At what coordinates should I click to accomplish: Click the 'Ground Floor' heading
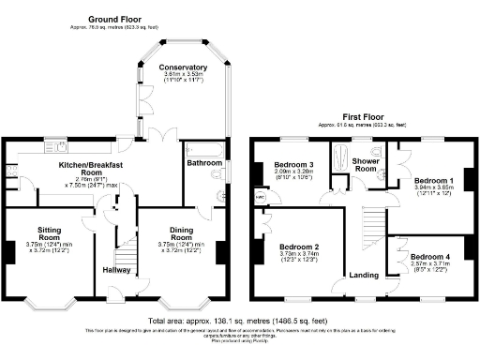point(114,19)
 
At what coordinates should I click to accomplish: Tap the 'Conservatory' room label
point(183,67)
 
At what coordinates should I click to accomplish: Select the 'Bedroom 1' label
point(433,179)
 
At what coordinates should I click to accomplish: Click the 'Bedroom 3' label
point(293,166)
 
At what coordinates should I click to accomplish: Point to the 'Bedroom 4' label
point(429,256)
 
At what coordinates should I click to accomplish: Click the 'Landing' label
point(364,275)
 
